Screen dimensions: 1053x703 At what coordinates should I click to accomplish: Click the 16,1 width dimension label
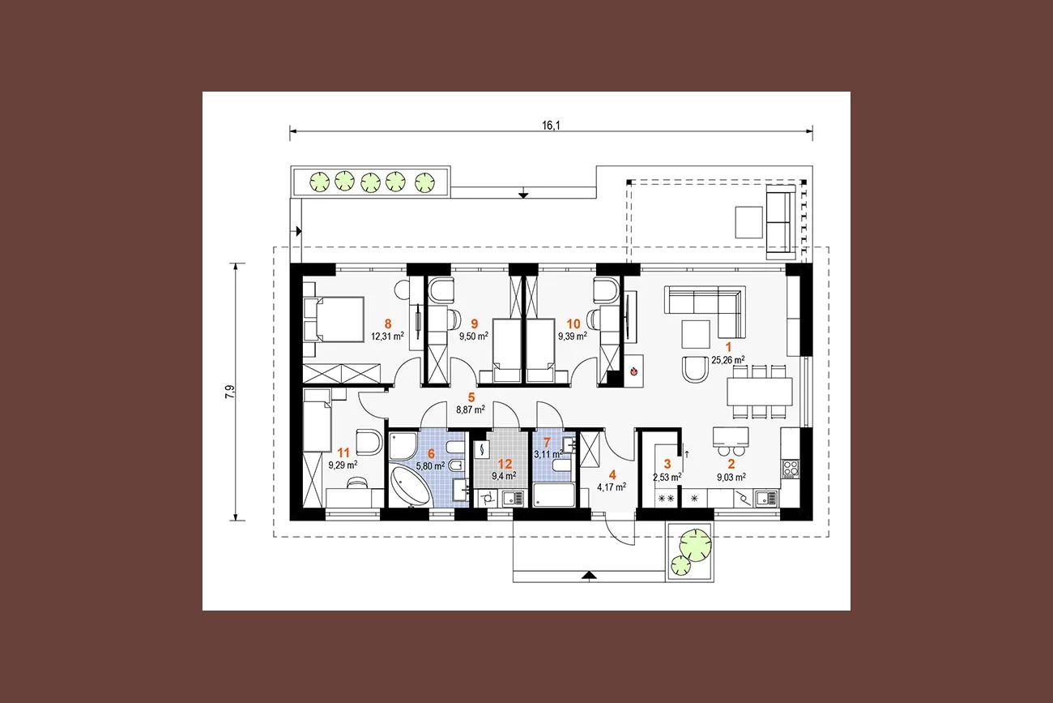tap(551, 125)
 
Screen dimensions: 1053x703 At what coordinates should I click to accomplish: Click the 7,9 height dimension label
tap(230, 392)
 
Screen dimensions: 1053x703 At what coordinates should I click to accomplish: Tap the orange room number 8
tap(387, 324)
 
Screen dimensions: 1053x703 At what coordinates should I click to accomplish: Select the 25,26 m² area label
tap(727, 361)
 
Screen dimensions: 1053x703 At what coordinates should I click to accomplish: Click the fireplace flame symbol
tap(633, 371)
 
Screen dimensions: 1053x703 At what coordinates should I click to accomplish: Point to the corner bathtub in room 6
tap(410, 486)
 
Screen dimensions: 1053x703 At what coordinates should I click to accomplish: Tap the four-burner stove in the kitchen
tap(791, 468)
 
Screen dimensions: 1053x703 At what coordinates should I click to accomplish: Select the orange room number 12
tap(505, 465)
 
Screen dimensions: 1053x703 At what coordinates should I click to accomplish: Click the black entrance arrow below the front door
tap(589, 575)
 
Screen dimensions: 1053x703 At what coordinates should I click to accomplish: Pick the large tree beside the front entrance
tap(695, 545)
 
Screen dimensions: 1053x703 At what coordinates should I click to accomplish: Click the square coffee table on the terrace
tap(749, 222)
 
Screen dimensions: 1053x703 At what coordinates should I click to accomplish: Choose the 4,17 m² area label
tap(611, 487)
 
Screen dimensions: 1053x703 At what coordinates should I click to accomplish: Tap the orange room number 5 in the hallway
tap(471, 397)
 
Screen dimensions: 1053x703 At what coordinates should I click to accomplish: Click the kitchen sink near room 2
tap(767, 499)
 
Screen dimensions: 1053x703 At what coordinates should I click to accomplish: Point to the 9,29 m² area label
tap(343, 465)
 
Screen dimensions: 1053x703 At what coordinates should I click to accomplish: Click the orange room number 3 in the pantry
tap(667, 465)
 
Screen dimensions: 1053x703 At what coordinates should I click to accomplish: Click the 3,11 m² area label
tap(548, 455)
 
